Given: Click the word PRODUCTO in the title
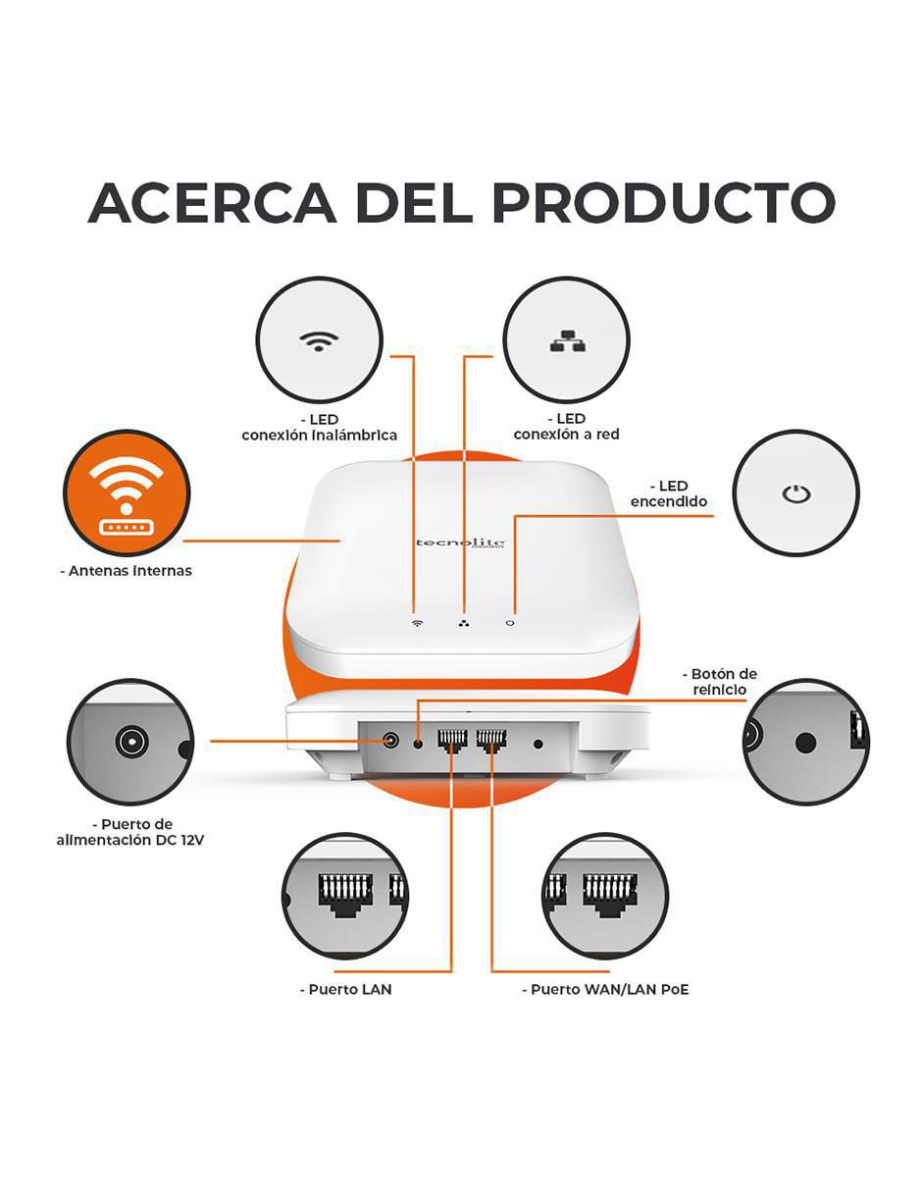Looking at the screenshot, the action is click(x=663, y=202).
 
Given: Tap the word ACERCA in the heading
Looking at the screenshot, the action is click(x=213, y=202).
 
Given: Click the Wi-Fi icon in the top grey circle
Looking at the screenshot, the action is click(x=319, y=341).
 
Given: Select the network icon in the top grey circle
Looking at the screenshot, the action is click(x=566, y=340).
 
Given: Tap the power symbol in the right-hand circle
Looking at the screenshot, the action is click(x=795, y=493).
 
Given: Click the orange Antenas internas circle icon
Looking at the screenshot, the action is click(x=127, y=493).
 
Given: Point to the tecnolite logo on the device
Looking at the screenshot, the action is click(x=460, y=542).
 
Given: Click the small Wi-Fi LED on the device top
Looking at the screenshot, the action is click(x=417, y=623).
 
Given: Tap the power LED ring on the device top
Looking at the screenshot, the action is click(x=510, y=623).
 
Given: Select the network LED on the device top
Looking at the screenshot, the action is click(x=464, y=623).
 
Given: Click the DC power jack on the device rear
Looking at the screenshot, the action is click(x=390, y=741).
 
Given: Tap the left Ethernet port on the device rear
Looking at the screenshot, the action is click(x=452, y=740).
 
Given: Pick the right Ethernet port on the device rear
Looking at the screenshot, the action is click(x=491, y=740).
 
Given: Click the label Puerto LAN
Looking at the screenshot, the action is click(x=346, y=990).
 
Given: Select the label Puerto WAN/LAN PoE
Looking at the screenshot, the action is click(x=605, y=990).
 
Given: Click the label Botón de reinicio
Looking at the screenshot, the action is click(x=719, y=682).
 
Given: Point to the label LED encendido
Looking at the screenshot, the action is click(x=669, y=493).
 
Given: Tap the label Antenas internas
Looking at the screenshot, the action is click(x=127, y=571).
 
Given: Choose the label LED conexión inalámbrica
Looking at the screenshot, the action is click(x=319, y=428).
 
